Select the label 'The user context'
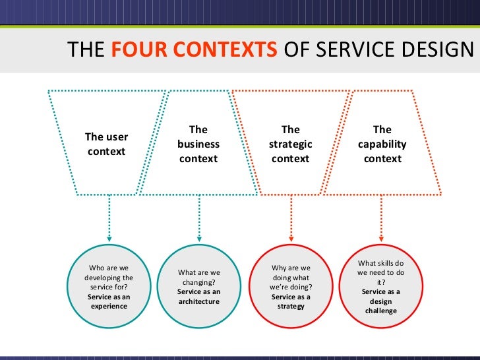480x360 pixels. click(x=106, y=144)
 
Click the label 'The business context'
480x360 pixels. click(x=198, y=144)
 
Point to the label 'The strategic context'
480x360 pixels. click(x=290, y=144)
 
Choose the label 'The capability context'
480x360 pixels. click(x=382, y=144)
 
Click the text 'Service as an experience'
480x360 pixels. click(x=109, y=301)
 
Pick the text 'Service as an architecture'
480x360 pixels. click(x=199, y=297)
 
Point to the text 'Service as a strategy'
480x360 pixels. click(x=291, y=301)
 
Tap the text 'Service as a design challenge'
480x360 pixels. click(x=381, y=301)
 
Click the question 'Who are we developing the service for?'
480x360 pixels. click(x=109, y=278)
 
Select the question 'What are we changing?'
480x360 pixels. click(x=199, y=277)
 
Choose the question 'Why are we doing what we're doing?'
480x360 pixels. click(x=291, y=278)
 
